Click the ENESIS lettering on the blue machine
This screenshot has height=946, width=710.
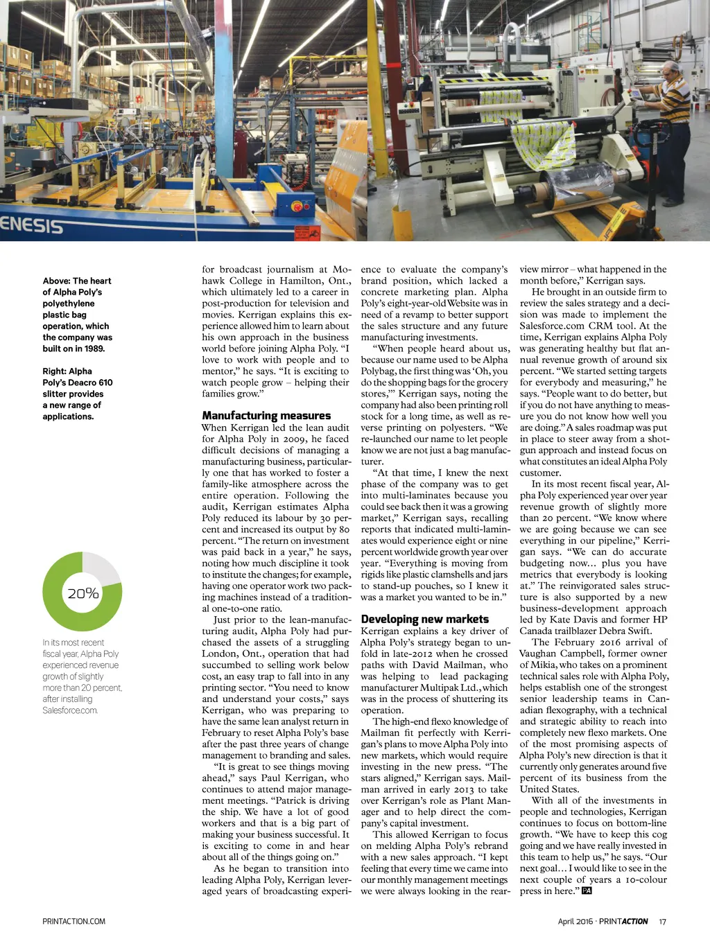(x=31, y=225)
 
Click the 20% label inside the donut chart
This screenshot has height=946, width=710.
(x=83, y=593)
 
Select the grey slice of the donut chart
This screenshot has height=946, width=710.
(x=101, y=568)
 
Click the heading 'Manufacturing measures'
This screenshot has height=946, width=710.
(x=266, y=416)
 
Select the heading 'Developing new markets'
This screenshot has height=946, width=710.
(x=424, y=619)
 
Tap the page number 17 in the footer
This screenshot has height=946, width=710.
(x=663, y=921)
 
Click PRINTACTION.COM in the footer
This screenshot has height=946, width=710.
(x=74, y=921)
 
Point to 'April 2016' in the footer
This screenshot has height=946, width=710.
(x=575, y=921)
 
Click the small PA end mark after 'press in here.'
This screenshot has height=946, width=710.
(x=587, y=891)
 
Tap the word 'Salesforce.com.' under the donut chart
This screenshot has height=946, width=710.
(x=70, y=710)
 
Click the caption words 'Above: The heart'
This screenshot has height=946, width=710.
(x=77, y=281)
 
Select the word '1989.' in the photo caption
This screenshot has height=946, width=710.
(x=94, y=349)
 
